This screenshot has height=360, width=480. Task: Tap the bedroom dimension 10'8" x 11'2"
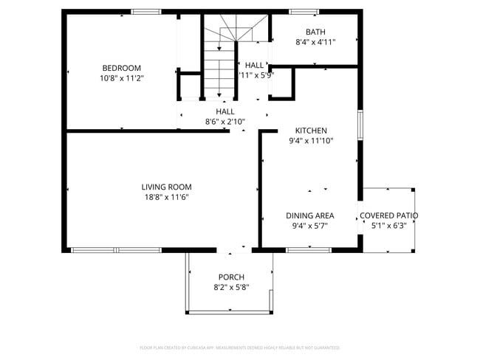tap(122, 77)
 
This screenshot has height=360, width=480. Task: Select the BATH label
tap(315, 32)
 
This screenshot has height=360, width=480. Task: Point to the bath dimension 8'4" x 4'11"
tap(315, 42)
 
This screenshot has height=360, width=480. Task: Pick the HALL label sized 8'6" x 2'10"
tap(225, 111)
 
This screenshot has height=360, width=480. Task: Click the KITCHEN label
tap(311, 130)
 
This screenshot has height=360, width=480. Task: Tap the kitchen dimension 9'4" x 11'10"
tap(311, 140)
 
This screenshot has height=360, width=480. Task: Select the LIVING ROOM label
tap(167, 187)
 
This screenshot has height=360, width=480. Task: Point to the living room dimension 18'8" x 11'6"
tap(167, 197)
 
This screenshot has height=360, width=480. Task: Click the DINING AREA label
tap(310, 215)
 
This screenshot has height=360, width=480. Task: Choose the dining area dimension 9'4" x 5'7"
tap(310, 226)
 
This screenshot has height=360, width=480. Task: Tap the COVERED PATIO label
tap(388, 215)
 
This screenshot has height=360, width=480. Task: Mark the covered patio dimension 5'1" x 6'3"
tap(388, 226)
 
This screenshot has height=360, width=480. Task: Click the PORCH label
tap(230, 277)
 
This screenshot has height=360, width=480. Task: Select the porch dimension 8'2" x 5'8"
tap(230, 287)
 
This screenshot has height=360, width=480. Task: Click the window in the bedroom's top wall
tap(146, 11)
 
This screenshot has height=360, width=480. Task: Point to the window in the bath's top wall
tap(303, 11)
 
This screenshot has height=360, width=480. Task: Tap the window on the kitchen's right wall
tap(360, 124)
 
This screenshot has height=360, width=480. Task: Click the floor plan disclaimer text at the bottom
tap(240, 347)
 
